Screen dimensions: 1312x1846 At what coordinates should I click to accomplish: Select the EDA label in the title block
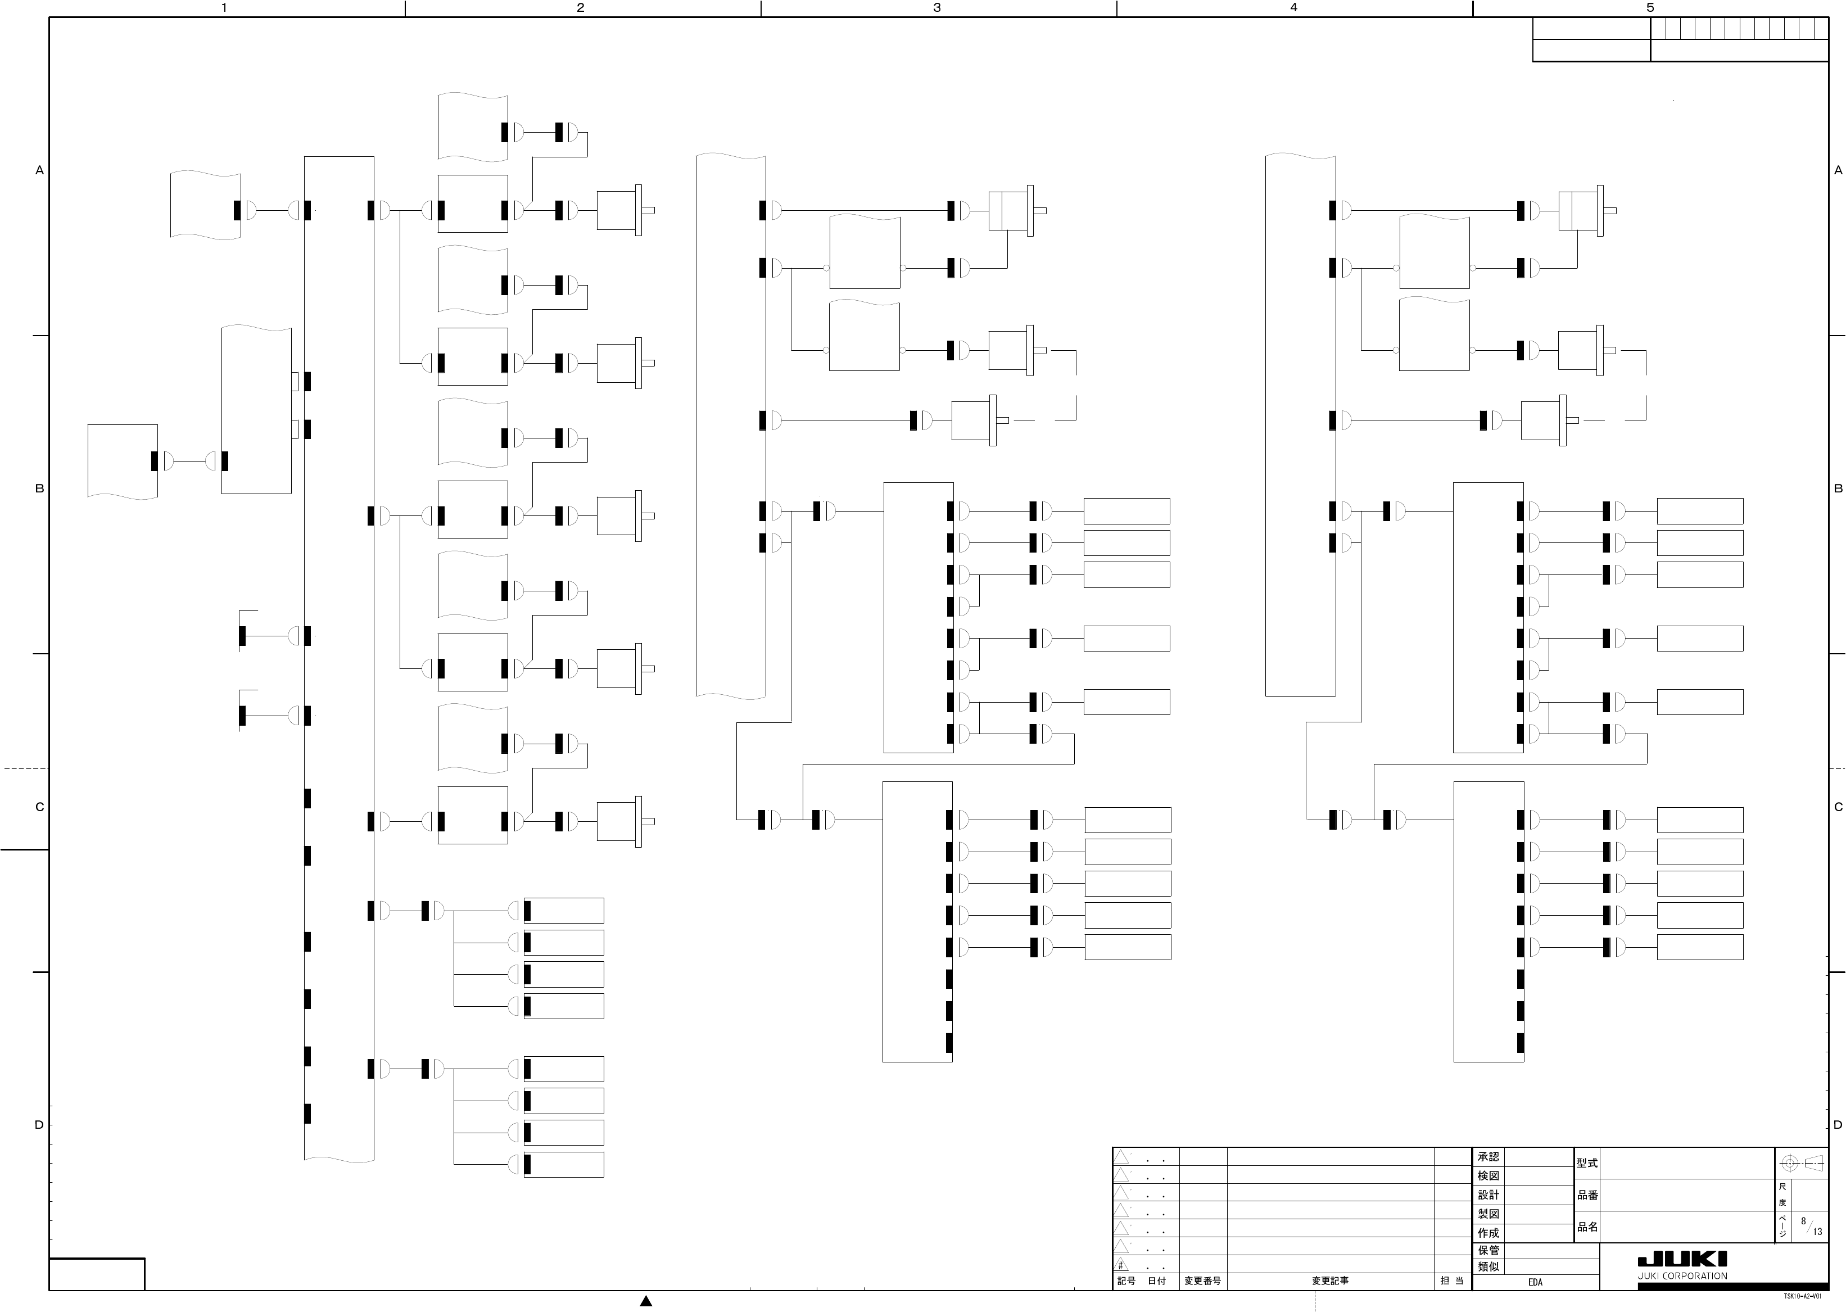[x=1535, y=1282]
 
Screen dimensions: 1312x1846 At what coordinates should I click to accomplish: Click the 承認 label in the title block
[x=1488, y=1157]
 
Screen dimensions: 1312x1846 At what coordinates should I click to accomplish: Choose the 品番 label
[x=1587, y=1195]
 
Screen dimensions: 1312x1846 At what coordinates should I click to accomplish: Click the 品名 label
[x=1587, y=1227]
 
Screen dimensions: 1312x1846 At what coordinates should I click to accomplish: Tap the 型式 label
[x=1587, y=1164]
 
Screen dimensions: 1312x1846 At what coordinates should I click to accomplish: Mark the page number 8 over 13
[x=1811, y=1227]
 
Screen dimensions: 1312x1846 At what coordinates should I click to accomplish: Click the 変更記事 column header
[x=1330, y=1281]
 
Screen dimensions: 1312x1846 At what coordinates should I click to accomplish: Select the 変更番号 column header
[x=1202, y=1281]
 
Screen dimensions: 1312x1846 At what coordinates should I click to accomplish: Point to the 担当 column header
[x=1452, y=1281]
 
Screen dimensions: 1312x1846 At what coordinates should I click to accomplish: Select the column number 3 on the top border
[x=937, y=8]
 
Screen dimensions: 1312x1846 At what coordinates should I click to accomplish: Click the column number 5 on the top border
[x=1650, y=8]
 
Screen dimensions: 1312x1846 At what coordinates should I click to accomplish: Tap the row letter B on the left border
[x=39, y=488]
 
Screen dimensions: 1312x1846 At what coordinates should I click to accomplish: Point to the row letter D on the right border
[x=1838, y=1125]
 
